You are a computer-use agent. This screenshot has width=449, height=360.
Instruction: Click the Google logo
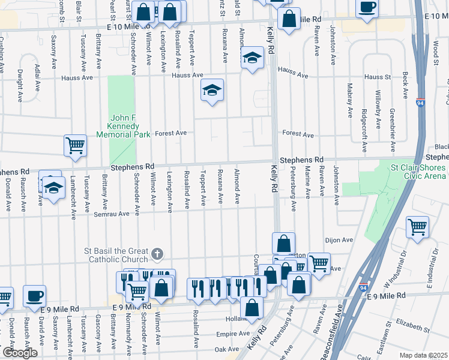pyautogui.click(x=20, y=353)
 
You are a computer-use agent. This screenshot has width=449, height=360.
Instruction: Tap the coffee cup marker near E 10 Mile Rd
pyautogui.click(x=367, y=7)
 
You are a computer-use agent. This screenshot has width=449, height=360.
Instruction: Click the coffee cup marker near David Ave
pyautogui.click(x=34, y=295)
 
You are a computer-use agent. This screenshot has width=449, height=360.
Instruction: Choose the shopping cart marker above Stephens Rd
pyautogui.click(x=76, y=145)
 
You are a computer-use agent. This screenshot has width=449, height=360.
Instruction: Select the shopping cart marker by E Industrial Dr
pyautogui.click(x=417, y=227)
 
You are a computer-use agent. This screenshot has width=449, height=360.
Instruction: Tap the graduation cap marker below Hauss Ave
pyautogui.click(x=212, y=90)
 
